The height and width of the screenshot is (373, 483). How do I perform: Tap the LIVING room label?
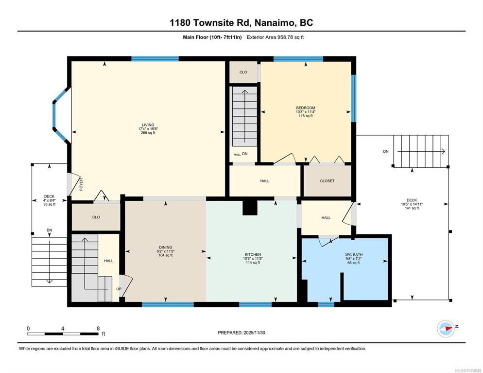(x=148, y=125)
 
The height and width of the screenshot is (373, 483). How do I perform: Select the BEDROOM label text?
(x=306, y=108)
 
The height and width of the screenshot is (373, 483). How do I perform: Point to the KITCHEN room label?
(x=253, y=255)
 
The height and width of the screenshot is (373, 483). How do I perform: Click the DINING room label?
(x=165, y=247)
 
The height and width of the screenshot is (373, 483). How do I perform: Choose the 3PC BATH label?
(x=354, y=255)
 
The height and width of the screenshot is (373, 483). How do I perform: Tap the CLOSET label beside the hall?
(x=327, y=181)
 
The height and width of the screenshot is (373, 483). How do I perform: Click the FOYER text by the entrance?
(x=81, y=184)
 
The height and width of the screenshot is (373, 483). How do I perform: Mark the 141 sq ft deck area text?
(x=412, y=208)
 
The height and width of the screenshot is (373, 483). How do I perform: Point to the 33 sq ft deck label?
(x=49, y=204)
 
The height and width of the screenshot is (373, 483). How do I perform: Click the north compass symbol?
(x=446, y=329)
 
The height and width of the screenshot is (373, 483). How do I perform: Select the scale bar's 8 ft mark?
(x=98, y=329)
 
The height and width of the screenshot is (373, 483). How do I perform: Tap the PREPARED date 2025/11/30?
(x=241, y=333)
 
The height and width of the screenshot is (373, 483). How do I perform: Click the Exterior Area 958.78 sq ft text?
(x=275, y=37)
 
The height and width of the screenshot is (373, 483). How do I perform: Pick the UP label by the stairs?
(x=119, y=289)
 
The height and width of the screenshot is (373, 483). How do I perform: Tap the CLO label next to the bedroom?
(x=243, y=72)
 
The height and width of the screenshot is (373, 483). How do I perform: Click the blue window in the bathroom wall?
(x=326, y=304)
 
